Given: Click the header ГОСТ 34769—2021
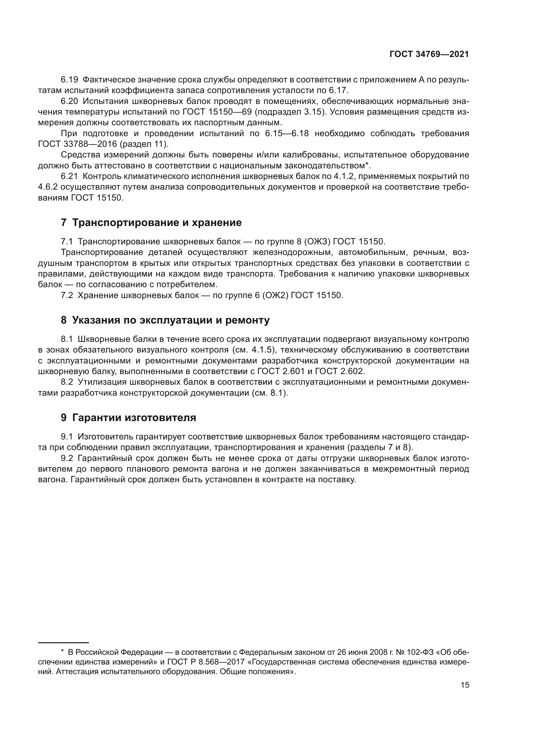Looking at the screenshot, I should click(429, 54).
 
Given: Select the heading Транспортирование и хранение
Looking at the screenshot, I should click(157, 223).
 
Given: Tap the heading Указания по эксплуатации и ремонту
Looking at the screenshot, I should click(171, 320).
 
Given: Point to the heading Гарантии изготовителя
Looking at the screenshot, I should click(134, 418).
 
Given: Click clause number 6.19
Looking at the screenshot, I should click(69, 80).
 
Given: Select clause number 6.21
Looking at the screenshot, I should click(69, 176).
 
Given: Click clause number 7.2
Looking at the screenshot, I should click(67, 296).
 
